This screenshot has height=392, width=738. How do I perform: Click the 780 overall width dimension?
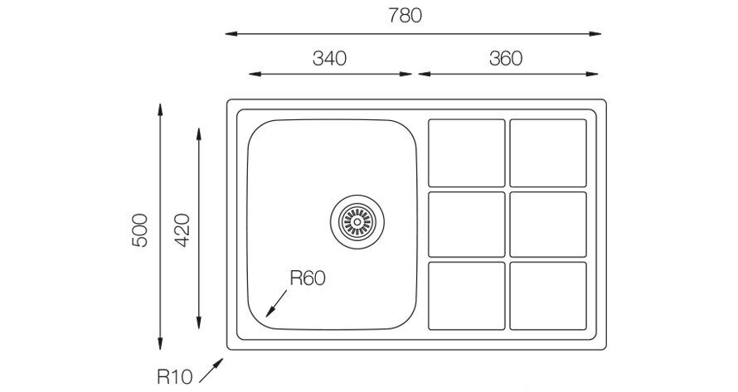[x=405, y=16]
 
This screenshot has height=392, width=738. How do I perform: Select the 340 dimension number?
[x=329, y=58]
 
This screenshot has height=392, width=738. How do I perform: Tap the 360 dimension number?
[x=506, y=58]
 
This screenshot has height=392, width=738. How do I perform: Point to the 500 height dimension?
[x=140, y=230]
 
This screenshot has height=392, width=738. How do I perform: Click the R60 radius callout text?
[x=308, y=278]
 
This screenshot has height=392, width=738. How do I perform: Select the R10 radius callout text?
[x=175, y=376]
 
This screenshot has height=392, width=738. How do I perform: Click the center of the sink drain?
[x=357, y=221]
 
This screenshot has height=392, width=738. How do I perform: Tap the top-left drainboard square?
[x=466, y=153]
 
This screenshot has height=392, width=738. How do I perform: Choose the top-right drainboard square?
[x=548, y=153]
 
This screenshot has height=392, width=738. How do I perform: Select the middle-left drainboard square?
[x=466, y=225]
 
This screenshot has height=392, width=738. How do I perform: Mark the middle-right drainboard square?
[x=548, y=225]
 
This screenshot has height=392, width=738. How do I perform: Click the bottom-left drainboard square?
[x=466, y=296]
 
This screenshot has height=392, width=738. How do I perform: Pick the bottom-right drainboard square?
[x=548, y=296]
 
